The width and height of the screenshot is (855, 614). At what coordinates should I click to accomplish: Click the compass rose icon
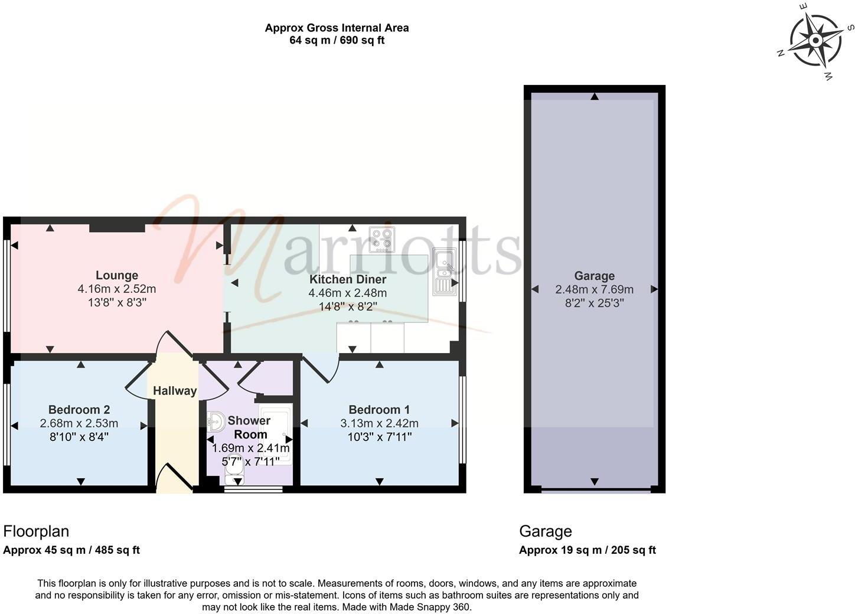coord(815,41)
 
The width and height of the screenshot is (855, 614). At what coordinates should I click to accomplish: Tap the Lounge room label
coord(117,275)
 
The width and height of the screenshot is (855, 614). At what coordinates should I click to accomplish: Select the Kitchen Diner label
coord(348,279)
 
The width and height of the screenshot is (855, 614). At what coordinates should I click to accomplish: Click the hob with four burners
coord(381,240)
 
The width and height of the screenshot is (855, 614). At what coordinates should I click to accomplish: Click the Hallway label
coord(175,390)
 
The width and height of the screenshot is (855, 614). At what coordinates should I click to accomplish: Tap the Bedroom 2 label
coord(79,409)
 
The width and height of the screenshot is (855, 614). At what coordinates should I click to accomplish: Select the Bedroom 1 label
coord(379,409)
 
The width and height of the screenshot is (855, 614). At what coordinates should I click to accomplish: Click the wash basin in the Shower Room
coord(216,422)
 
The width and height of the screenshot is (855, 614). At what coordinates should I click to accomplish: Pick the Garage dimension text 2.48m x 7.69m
coord(594,289)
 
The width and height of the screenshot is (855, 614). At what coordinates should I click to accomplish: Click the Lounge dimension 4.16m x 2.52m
coord(117,289)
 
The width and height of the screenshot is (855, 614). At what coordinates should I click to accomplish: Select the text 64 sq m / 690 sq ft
coord(337,40)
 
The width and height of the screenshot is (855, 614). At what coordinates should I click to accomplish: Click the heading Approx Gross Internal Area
coord(337,28)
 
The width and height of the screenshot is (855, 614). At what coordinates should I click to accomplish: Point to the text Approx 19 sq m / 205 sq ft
coord(587,550)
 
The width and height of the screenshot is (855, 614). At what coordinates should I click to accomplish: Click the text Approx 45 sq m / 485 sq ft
coord(71,550)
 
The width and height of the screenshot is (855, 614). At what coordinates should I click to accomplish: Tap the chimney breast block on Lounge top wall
coord(117,228)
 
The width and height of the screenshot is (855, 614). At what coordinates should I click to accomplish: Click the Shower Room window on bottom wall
coord(253,489)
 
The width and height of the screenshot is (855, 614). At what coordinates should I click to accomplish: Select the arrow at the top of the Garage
coord(595,96)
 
